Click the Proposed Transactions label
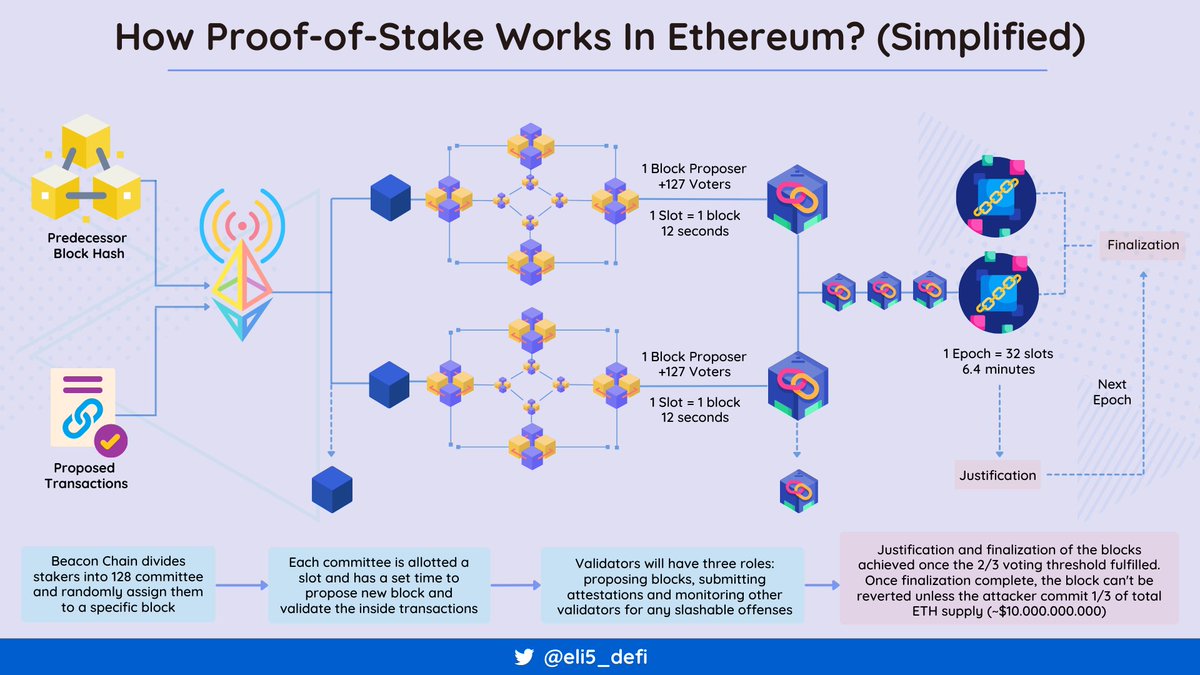coord(85,475)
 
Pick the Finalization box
coord(1143,245)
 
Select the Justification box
coord(997,475)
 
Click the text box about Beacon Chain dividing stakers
coord(117,583)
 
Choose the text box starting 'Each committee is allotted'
coord(379,583)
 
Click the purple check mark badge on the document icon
coord(111,441)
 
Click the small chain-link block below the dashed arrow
coord(797,490)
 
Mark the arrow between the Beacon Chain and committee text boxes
coord(241,584)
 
